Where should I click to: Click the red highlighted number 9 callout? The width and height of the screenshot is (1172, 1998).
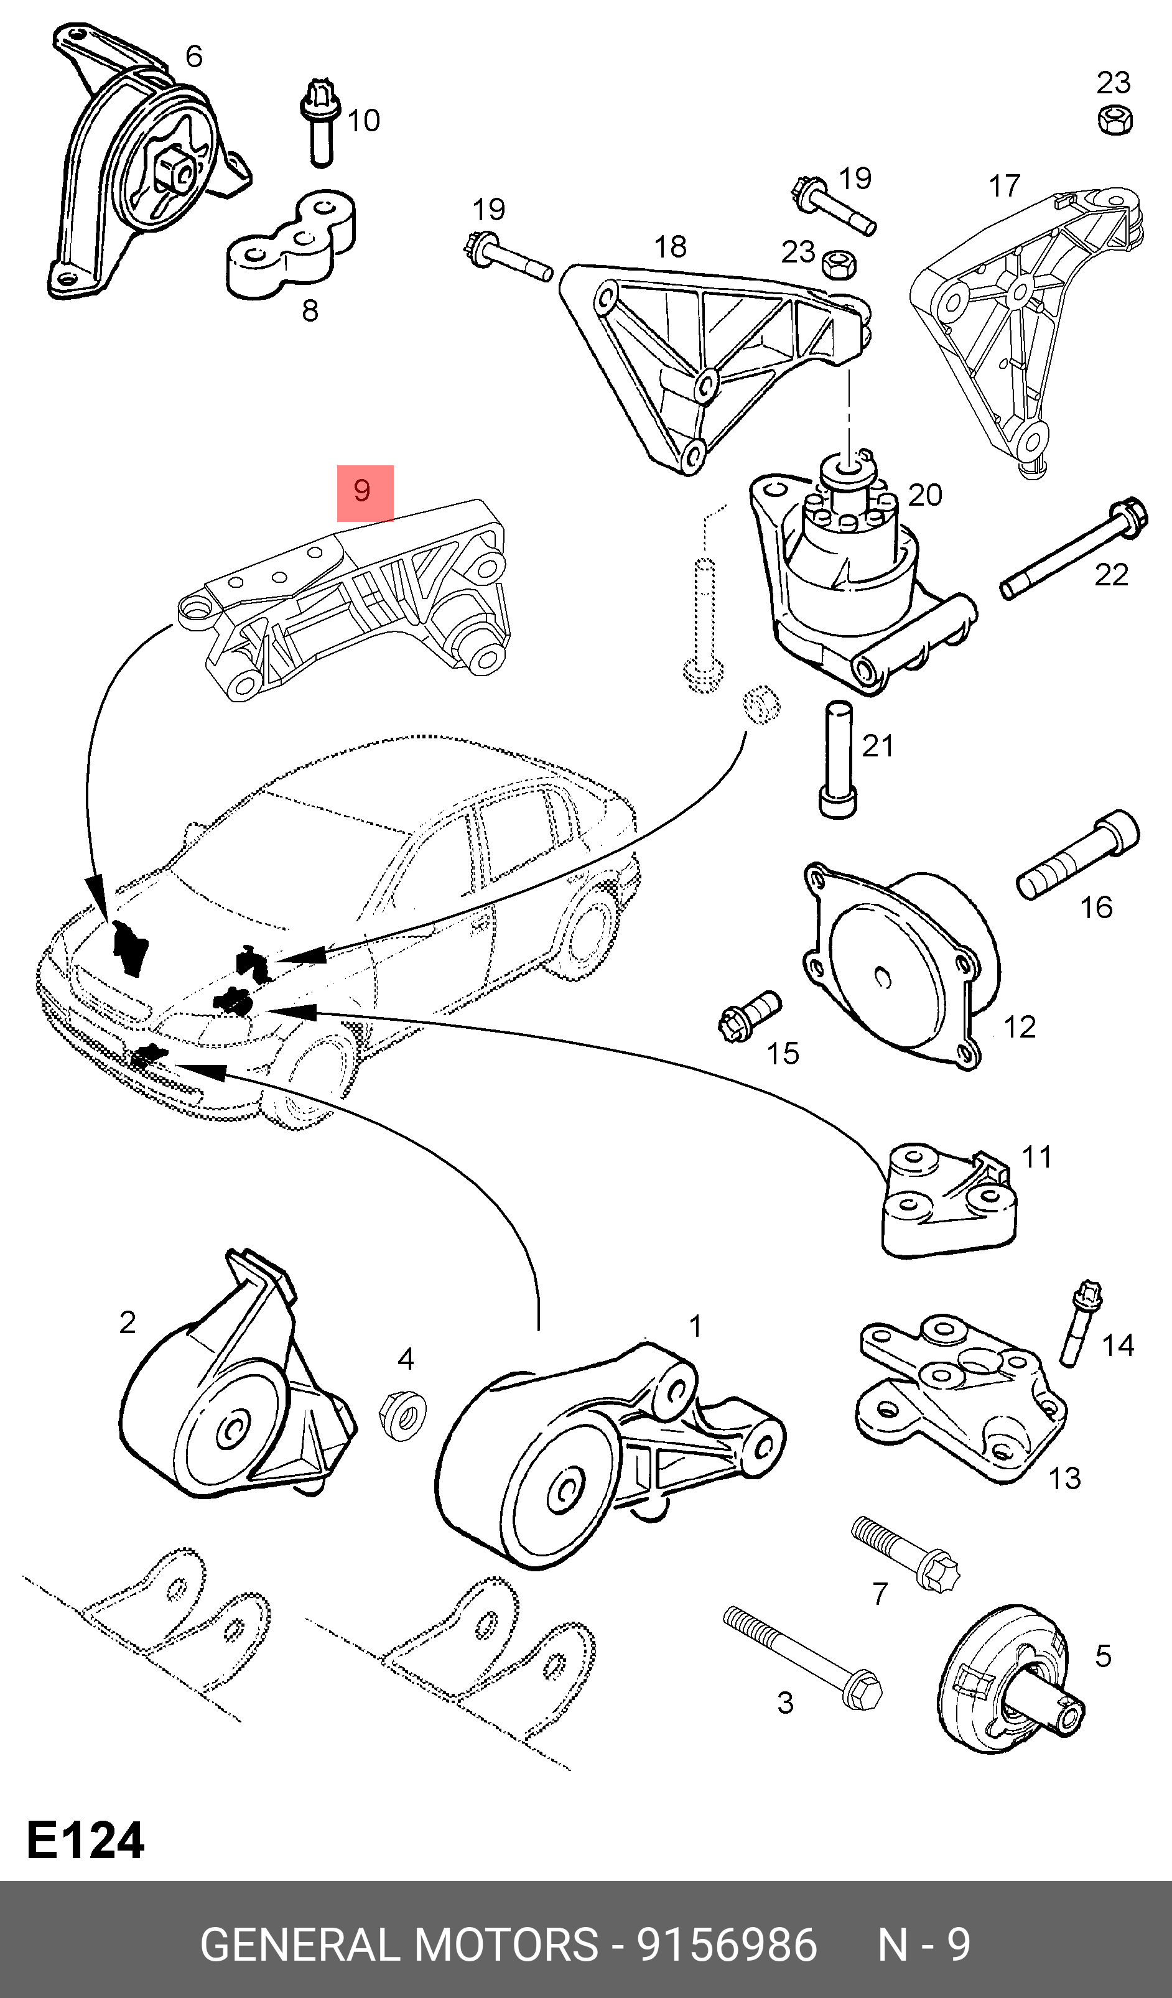365,493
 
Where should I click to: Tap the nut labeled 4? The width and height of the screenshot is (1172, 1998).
403,1415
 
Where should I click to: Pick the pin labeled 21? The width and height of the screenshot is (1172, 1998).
837,759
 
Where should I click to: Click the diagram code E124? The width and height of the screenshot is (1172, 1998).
86,1840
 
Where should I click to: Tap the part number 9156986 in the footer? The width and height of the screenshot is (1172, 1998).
727,1945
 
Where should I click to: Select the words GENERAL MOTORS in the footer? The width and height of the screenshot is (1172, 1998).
399,1945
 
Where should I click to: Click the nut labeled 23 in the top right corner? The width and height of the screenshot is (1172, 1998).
1115,121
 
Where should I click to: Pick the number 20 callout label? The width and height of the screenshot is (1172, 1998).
924,496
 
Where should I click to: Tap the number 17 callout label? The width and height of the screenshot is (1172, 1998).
1004,187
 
